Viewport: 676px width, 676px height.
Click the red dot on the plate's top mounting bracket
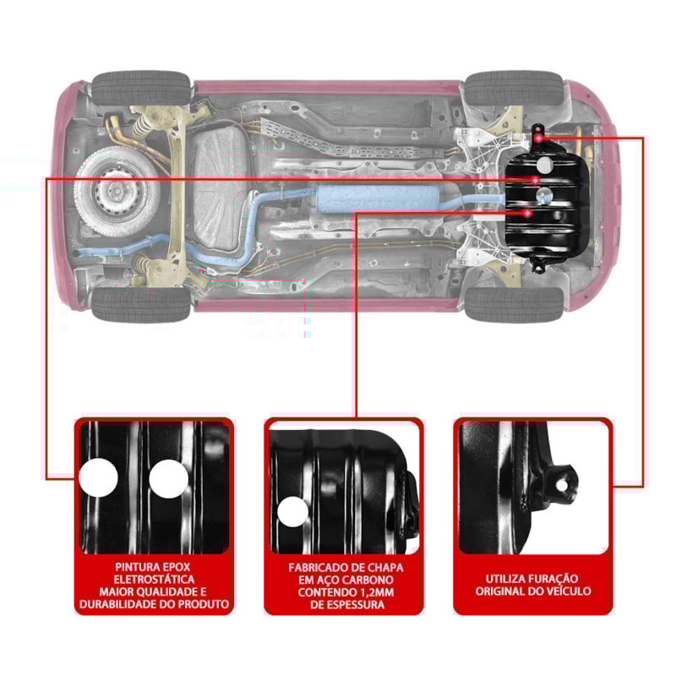pos(538,138)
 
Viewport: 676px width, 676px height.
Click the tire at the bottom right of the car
pos(513,303)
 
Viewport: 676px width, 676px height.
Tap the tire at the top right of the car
pos(513,88)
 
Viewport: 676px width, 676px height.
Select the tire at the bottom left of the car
pos(140,304)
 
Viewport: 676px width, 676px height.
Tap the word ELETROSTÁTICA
pos(154,579)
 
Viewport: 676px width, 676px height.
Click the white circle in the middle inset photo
pos(293,512)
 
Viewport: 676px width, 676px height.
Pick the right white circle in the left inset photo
pos(168,479)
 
